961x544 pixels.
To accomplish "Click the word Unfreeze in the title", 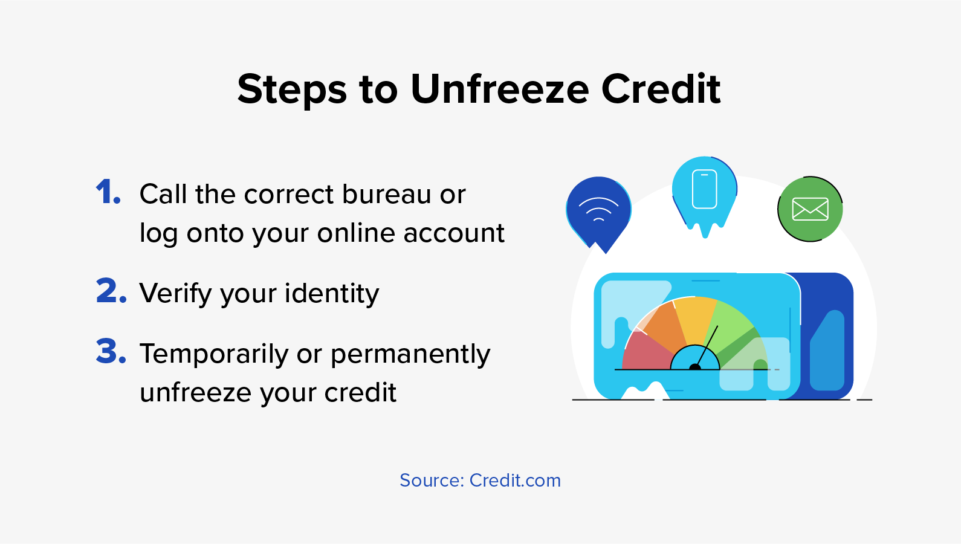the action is click(500, 89).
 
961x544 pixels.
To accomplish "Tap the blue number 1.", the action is click(108, 192).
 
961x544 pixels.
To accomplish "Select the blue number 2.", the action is click(111, 291).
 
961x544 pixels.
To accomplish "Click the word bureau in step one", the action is click(386, 194).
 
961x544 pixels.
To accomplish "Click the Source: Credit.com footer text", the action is click(480, 481).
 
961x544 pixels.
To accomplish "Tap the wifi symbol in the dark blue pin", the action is click(598, 209).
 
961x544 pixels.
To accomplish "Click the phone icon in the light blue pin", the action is click(705, 189).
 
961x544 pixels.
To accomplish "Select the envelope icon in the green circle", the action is click(810, 209).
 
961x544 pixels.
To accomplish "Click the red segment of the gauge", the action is click(646, 351).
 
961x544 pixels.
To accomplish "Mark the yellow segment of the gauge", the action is click(696, 320).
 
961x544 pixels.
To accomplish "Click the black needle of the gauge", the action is click(705, 348).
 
